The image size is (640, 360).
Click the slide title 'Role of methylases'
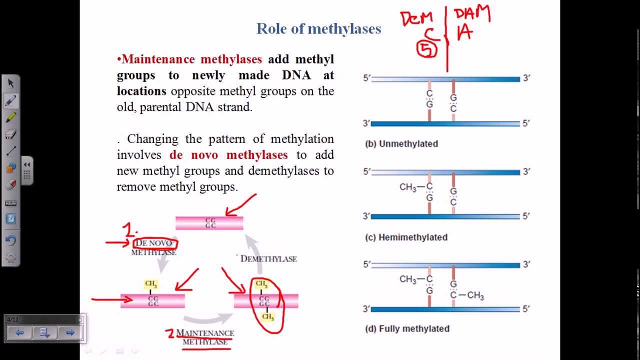point(318,29)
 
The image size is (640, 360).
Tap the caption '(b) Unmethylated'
point(401,144)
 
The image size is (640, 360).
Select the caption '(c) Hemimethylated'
point(406,237)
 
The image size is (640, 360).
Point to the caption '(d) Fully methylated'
point(407,329)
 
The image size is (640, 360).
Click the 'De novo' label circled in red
point(154,243)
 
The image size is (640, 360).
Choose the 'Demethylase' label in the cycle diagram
point(268,258)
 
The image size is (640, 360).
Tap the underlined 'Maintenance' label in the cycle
point(205,333)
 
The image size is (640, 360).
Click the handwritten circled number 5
point(427,49)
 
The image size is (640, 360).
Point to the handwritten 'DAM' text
point(472,14)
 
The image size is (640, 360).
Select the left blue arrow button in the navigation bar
point(19,332)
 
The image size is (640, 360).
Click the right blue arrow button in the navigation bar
point(70,332)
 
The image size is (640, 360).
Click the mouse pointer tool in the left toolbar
point(11,83)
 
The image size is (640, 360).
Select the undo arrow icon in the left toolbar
point(11,240)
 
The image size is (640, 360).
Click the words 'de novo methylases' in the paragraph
point(228,155)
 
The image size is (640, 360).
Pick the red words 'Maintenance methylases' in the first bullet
point(191,59)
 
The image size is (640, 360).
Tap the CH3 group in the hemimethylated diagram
point(408,187)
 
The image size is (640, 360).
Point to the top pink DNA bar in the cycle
point(209,223)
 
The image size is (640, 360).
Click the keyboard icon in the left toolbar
point(11,203)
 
